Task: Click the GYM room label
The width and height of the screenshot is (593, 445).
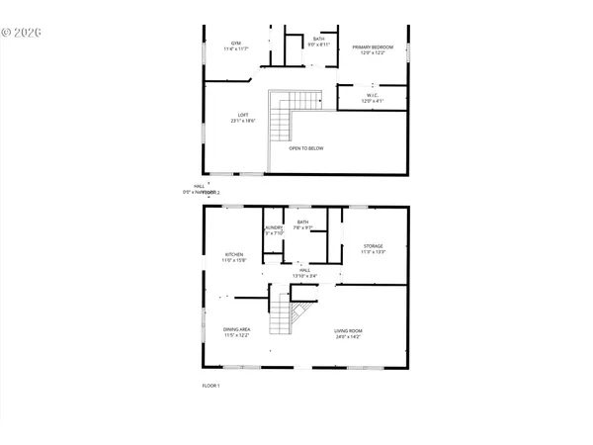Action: (236, 44)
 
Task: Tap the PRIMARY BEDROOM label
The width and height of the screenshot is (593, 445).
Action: (374, 46)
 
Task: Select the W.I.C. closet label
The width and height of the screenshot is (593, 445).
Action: (371, 96)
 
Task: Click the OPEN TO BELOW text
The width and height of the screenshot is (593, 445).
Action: (306, 148)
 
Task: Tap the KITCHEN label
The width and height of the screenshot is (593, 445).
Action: (233, 254)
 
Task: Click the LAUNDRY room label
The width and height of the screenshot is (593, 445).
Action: (274, 228)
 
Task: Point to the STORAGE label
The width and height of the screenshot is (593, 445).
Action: (373, 246)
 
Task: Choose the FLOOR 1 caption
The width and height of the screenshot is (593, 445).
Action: (211, 385)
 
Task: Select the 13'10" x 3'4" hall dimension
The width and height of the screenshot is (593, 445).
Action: (304, 275)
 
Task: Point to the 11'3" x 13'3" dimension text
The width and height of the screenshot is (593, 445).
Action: (373, 253)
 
